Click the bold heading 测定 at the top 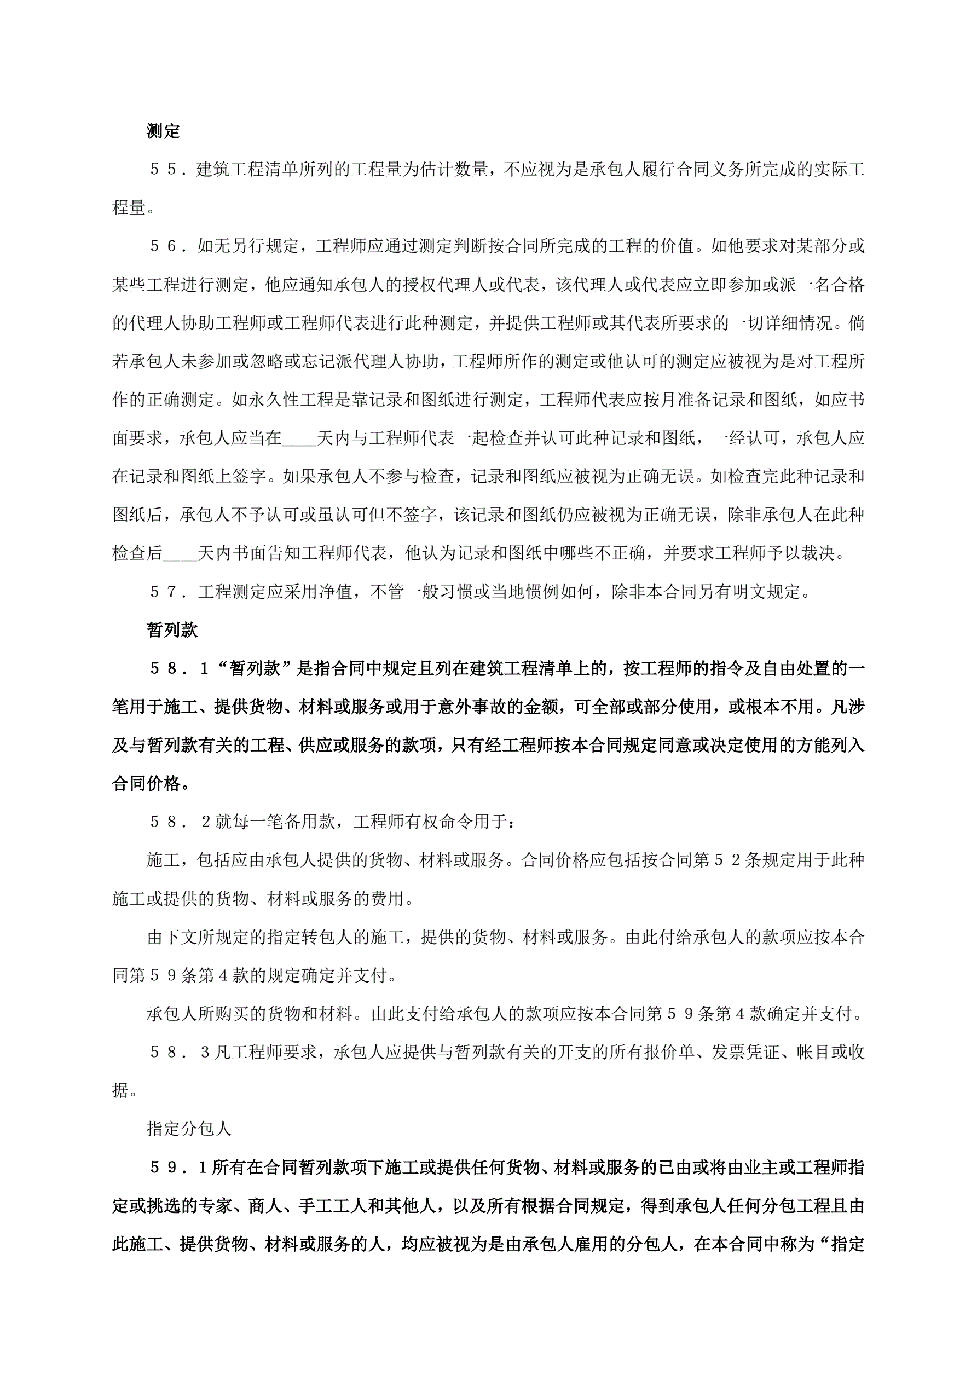tap(163, 131)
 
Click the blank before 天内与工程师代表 tap(299, 438)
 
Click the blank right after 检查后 tap(181, 553)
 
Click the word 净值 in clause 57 tap(336, 592)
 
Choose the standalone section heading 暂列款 tap(172, 630)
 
